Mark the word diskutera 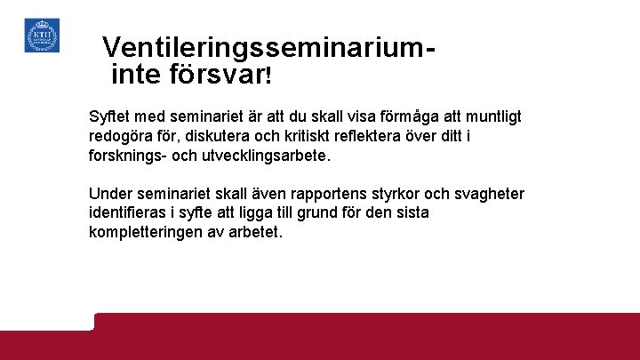click(x=223, y=136)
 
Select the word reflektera click(x=398, y=136)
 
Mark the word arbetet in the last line click(x=255, y=233)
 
